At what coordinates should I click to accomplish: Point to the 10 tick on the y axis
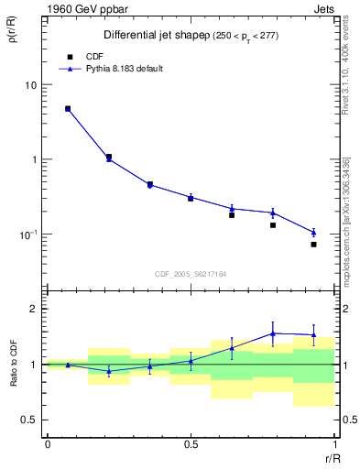point(31,85)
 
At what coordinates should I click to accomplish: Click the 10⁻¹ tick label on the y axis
point(27,234)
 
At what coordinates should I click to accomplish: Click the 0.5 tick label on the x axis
point(191,444)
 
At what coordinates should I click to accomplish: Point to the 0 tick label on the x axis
point(48,444)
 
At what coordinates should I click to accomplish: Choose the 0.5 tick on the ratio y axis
point(29,420)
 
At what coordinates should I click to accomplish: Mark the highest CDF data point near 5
point(68,109)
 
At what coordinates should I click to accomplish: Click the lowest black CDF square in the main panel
point(313,245)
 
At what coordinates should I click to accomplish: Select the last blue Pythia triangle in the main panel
point(313,233)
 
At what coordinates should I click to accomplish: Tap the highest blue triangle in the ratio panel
point(273,333)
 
